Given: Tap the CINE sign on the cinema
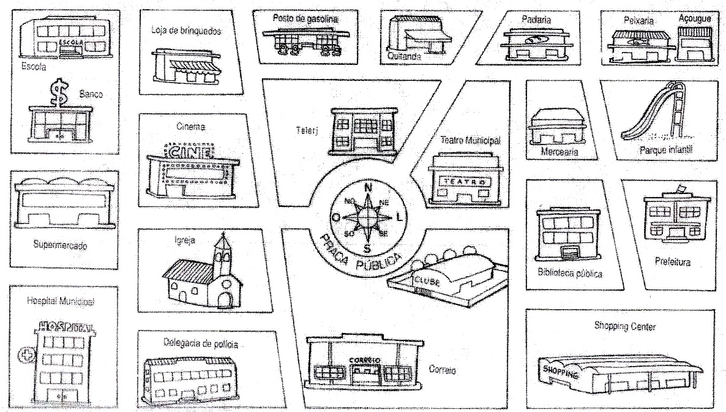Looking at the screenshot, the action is pyautogui.click(x=190, y=151).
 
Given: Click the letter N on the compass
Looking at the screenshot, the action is pyautogui.click(x=368, y=188).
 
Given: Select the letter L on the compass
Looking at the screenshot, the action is pyautogui.click(x=400, y=216).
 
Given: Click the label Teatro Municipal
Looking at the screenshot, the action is pyautogui.click(x=470, y=140).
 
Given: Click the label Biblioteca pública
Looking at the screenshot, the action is pyautogui.click(x=569, y=274).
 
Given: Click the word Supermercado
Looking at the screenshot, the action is pyautogui.click(x=60, y=245).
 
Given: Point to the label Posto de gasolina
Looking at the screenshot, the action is pyautogui.click(x=305, y=19).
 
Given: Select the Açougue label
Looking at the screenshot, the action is pyautogui.click(x=695, y=19).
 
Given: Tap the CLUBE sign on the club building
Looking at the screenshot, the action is pyautogui.click(x=426, y=280).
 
